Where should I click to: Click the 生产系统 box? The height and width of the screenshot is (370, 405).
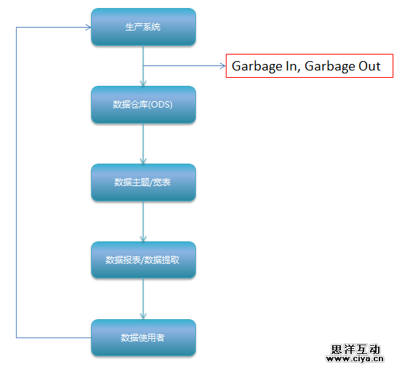(x=143, y=27)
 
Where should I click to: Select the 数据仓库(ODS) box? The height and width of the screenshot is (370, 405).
(x=143, y=105)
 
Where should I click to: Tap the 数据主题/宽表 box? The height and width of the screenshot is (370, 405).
(x=143, y=182)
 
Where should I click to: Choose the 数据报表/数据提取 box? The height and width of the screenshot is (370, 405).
(x=143, y=260)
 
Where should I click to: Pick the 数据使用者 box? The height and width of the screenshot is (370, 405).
(x=143, y=338)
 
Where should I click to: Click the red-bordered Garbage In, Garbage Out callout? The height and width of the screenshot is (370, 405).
(x=310, y=65)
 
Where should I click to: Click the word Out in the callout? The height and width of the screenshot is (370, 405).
(x=369, y=66)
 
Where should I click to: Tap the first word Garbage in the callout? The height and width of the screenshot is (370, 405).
(x=257, y=67)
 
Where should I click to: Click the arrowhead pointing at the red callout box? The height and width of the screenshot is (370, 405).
(x=223, y=65)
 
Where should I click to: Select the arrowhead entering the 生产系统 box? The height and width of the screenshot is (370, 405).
(x=88, y=27)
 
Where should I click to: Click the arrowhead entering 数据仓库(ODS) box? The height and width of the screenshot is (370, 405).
(x=143, y=83)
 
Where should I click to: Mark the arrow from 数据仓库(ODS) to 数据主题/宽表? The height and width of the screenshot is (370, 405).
(x=143, y=144)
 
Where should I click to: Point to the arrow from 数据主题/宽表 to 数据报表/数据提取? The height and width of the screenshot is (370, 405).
(x=143, y=221)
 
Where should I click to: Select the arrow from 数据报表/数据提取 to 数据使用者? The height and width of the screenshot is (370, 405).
(x=143, y=299)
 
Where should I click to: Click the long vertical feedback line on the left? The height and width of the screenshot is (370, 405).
(x=16, y=182)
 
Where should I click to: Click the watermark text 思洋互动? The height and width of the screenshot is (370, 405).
(x=355, y=350)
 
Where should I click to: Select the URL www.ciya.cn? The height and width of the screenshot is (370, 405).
(x=355, y=358)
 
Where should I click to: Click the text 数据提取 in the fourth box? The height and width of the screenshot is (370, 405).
(x=162, y=260)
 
